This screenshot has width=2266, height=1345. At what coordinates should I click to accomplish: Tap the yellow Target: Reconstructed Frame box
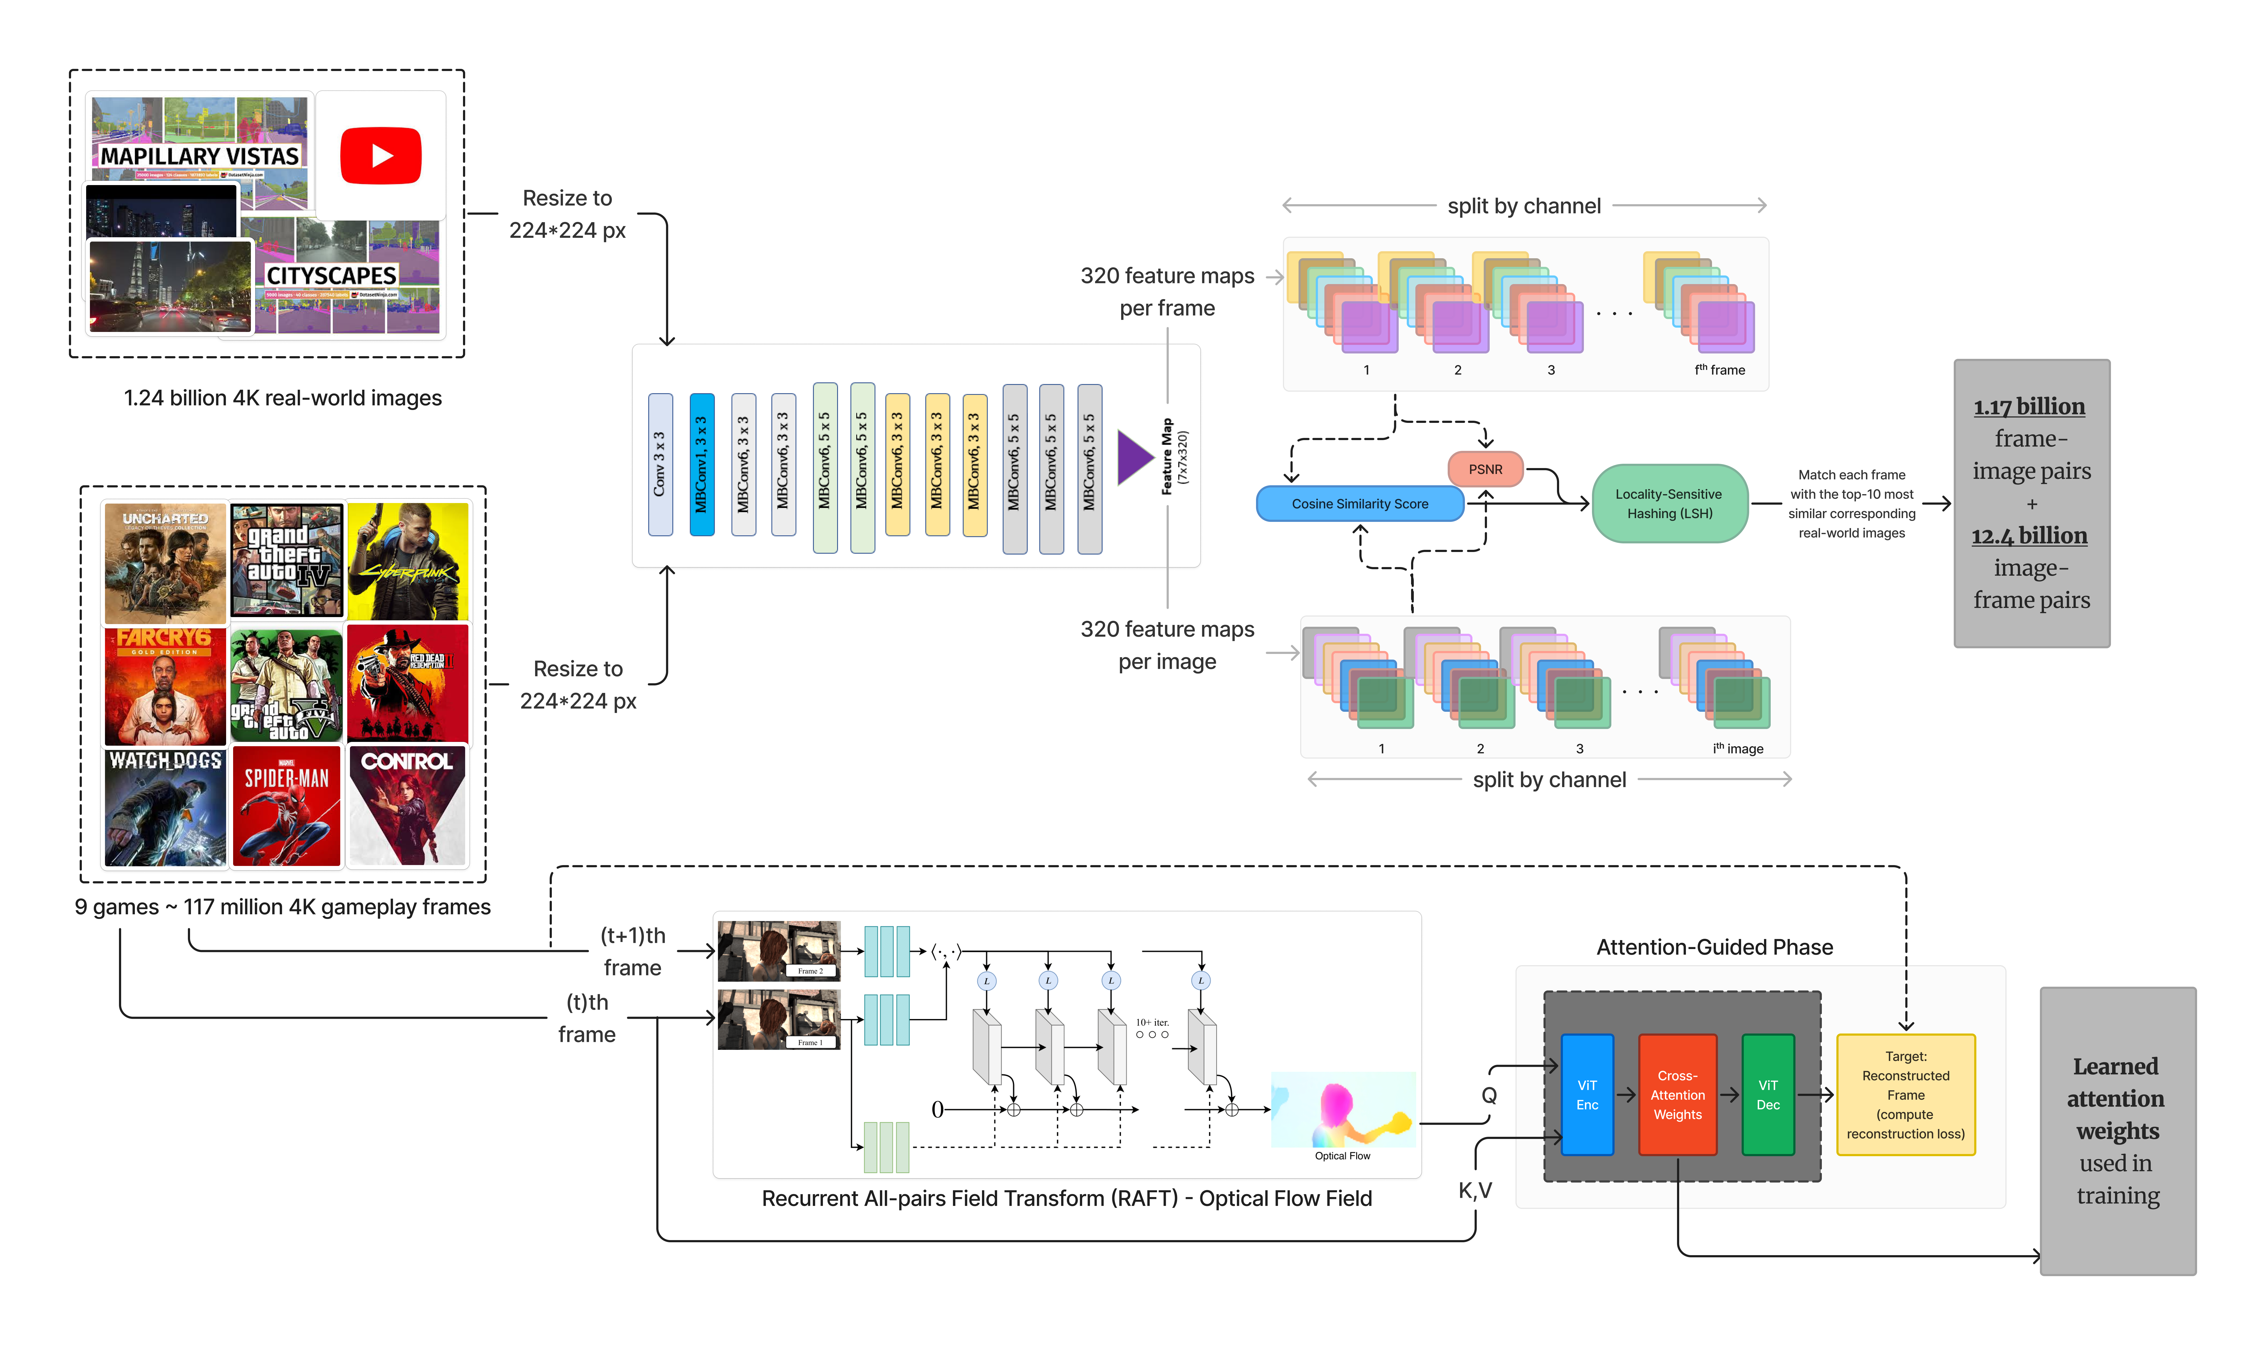coord(1905,1095)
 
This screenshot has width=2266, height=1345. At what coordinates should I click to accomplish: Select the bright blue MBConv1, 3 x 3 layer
coord(701,464)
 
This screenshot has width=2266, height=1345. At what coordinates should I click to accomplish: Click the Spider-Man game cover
coord(286,806)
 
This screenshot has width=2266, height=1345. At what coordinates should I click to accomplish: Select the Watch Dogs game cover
coord(165,806)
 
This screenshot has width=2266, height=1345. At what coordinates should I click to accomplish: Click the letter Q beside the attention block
coord(1489,1095)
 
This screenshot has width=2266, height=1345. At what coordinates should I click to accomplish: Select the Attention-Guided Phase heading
coord(1714,947)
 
